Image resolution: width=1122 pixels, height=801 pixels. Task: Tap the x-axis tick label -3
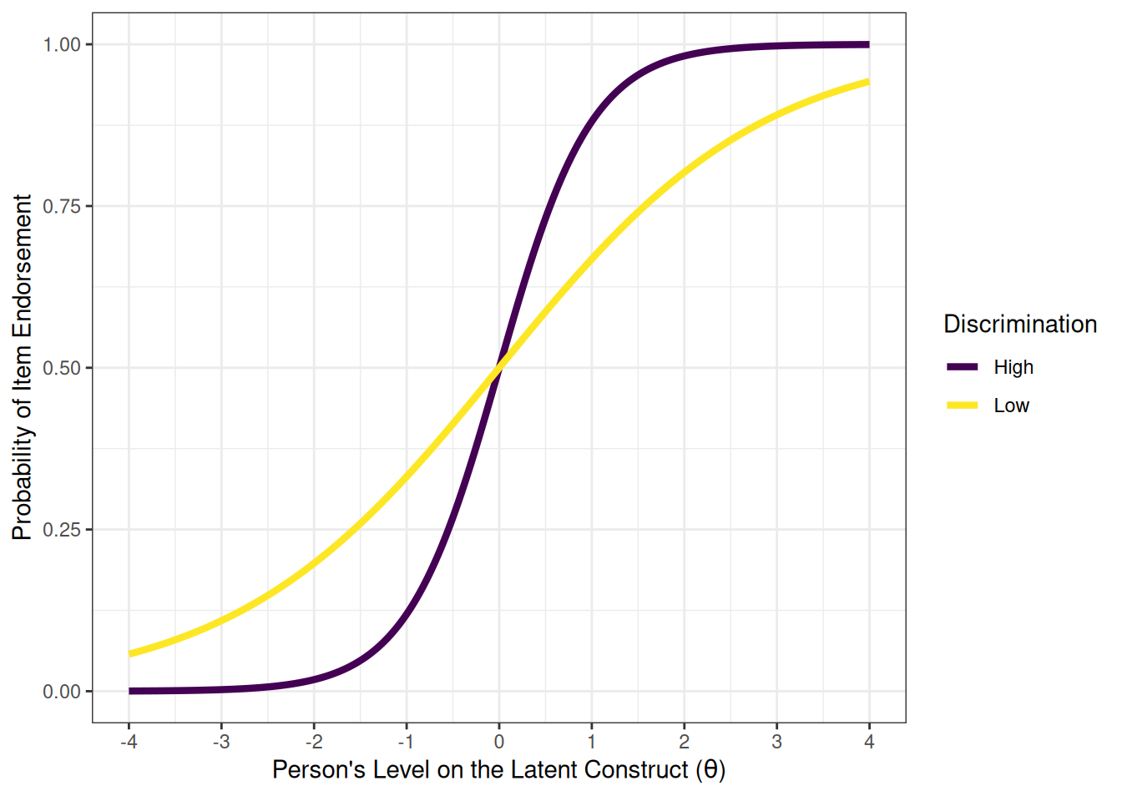220,742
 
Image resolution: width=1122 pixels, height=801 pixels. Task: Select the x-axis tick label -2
313,742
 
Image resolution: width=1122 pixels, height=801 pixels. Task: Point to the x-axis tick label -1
406,742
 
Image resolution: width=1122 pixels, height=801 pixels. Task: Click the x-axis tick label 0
499,742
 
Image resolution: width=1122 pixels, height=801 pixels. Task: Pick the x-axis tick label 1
592,742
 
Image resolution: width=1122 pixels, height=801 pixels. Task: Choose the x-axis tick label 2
685,742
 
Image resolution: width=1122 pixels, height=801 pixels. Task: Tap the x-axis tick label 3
777,742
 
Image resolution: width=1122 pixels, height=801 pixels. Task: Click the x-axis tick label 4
869,742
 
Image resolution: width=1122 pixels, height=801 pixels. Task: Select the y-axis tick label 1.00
62,45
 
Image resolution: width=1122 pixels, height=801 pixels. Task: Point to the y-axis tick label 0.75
62,206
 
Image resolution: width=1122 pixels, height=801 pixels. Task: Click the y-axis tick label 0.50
62,368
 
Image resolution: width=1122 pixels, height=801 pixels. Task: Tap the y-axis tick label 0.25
62,530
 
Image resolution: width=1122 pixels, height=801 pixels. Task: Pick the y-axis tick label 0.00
62,692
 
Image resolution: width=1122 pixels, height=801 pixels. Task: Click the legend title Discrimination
1019,325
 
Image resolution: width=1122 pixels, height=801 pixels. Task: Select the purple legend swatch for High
962,367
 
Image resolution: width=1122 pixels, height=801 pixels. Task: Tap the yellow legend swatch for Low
962,406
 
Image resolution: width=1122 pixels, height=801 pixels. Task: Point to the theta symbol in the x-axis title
710,769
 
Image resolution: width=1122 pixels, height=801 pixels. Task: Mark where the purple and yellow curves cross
499,367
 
